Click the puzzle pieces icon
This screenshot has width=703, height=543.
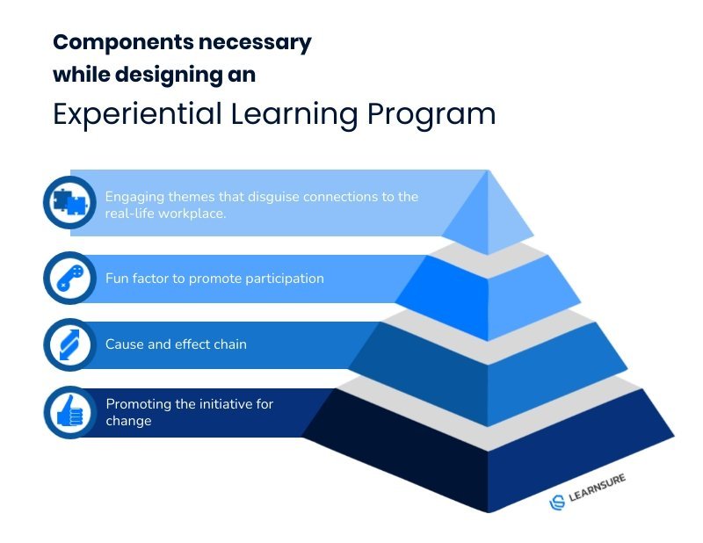coord(69,203)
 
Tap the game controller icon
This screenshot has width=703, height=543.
coord(70,278)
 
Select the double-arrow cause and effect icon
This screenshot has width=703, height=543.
coord(70,344)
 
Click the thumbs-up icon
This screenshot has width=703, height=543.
coord(70,411)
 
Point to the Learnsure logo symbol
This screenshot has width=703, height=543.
coord(557,502)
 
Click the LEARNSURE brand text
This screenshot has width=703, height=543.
coord(598,489)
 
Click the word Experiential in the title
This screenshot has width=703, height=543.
coord(137,114)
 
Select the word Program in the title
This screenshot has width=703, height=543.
coord(431,115)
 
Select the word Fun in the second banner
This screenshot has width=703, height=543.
coord(117,279)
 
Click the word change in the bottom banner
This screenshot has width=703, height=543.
coord(128,422)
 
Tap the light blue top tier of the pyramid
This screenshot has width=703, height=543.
coord(488,215)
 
